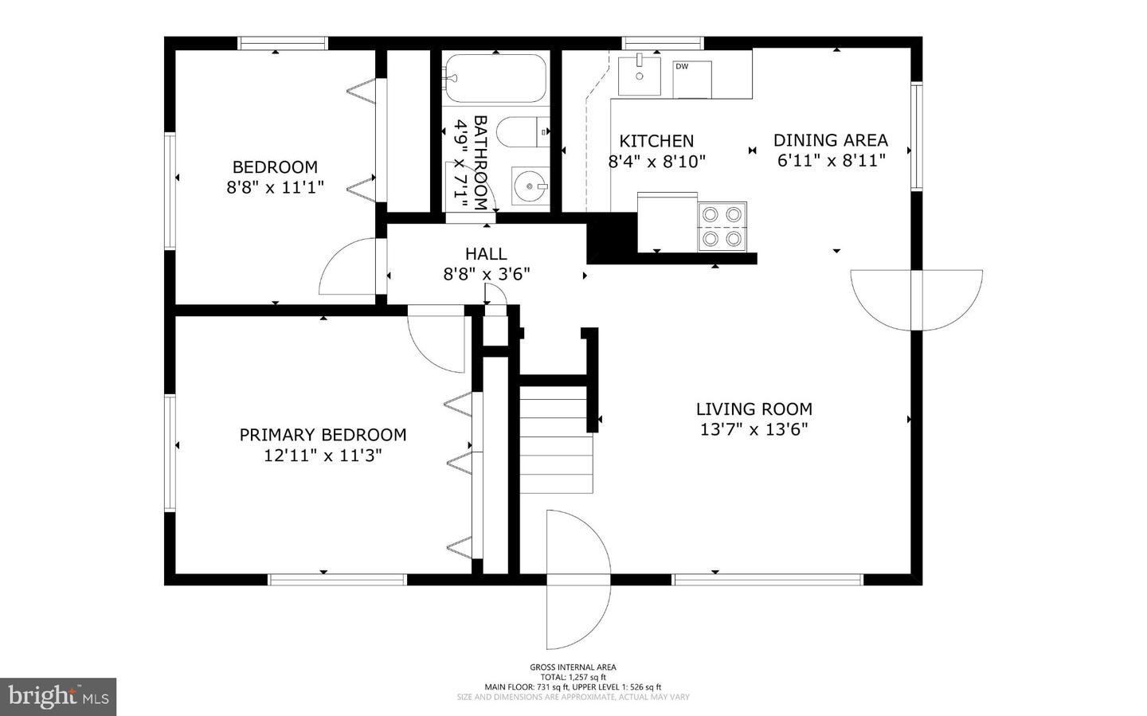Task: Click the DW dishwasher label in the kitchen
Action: tap(682, 66)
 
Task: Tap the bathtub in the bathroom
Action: tap(495, 78)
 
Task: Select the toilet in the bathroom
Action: tap(523, 132)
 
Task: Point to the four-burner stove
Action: tap(722, 226)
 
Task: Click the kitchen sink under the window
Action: tap(639, 76)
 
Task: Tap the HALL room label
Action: tap(486, 253)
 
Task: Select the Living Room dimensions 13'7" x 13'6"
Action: tap(754, 429)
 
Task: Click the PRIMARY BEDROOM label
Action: tap(323, 435)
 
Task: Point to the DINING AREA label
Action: tap(831, 140)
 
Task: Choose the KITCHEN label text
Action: tap(656, 141)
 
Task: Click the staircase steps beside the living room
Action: tap(556, 440)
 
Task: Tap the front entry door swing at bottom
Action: tap(578, 580)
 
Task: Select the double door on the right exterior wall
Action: tap(917, 300)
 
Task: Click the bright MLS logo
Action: tap(58, 697)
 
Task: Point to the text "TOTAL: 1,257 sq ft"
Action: tap(573, 677)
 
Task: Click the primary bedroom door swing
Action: tap(436, 339)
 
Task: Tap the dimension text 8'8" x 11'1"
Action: tap(276, 187)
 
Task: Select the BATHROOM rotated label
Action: tap(480, 162)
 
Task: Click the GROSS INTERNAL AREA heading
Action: tap(573, 667)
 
